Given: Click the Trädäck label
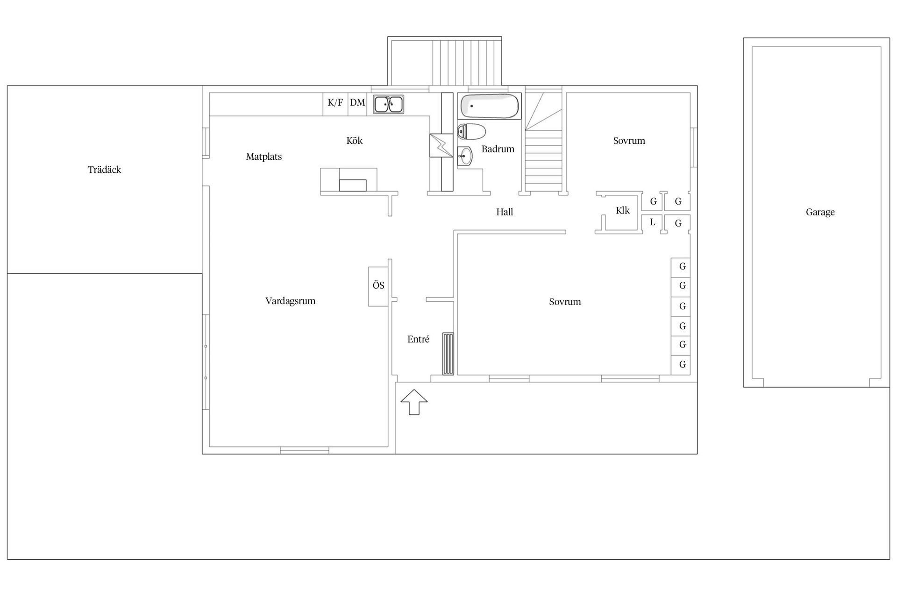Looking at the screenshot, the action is coord(104,170).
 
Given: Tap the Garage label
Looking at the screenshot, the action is coord(820,212).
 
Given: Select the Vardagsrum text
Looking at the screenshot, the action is coord(290,301).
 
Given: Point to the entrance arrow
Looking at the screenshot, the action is coord(414,402).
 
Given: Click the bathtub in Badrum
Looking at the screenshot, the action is coord(490,107).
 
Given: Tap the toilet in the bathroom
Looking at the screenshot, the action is coord(471,132).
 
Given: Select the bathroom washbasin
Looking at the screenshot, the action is coord(465,156).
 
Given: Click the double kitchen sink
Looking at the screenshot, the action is coord(389,104).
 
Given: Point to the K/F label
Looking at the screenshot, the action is coord(335,102).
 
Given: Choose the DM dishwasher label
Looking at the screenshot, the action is coord(357,102).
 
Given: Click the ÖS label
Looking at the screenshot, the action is coord(378,285).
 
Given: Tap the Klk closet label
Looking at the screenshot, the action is coord(623,211).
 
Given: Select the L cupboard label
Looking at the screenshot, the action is coord(653,222).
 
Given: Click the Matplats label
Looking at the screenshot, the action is coord(264,157).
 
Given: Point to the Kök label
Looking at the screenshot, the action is coord(355,141).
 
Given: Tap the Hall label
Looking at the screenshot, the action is coord(505,212).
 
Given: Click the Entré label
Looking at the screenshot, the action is coord(418,339).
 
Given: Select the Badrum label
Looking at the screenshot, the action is coord(498,149).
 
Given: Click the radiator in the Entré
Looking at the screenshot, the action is coord(448,354).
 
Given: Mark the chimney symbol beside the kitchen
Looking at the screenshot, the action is coord(441,146).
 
